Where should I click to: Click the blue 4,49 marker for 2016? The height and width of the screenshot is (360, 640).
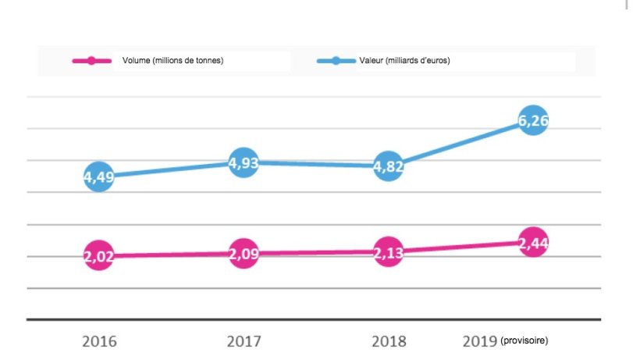(x=99, y=176)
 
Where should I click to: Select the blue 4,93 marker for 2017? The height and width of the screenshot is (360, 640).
(x=244, y=162)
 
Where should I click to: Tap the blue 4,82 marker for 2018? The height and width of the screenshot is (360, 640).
(x=389, y=166)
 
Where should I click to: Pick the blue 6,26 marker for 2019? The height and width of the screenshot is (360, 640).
(x=533, y=121)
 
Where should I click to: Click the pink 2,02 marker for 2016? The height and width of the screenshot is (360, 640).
(x=99, y=256)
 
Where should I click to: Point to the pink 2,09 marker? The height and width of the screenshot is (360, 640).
(x=244, y=254)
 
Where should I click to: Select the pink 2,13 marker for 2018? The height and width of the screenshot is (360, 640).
(x=389, y=251)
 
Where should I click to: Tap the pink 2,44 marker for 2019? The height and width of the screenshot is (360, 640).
(x=533, y=242)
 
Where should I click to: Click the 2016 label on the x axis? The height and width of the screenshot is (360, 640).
(x=99, y=341)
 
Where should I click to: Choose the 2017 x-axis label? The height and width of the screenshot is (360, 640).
(x=244, y=341)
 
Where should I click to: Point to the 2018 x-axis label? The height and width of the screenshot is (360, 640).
(x=389, y=341)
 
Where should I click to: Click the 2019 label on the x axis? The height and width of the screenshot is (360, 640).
(x=480, y=341)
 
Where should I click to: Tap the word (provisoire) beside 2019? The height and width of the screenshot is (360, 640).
(x=525, y=341)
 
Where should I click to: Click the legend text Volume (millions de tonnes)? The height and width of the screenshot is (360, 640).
(x=172, y=61)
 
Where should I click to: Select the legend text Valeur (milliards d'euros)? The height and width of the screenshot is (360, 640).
(x=404, y=61)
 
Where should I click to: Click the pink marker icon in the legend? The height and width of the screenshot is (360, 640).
(x=92, y=61)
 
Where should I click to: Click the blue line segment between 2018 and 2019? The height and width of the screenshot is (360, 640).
(x=460, y=144)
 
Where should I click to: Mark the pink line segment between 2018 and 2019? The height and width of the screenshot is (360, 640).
(x=460, y=247)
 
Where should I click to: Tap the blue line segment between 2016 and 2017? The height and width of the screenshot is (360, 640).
(x=172, y=169)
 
